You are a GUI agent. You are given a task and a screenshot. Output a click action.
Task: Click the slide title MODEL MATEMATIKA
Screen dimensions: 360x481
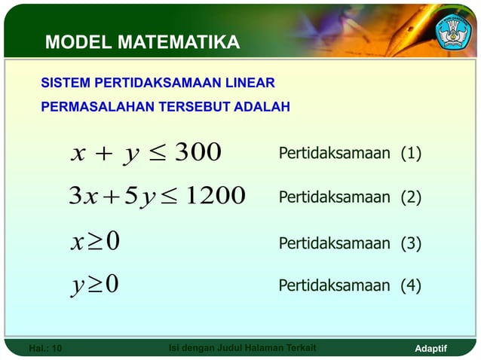(142, 42)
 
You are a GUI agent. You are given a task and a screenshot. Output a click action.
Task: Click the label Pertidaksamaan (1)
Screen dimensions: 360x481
(350, 154)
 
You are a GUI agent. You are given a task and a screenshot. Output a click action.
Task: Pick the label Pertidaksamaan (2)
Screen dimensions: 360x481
(350, 198)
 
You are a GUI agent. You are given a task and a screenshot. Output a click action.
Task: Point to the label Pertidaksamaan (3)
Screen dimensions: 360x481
(350, 243)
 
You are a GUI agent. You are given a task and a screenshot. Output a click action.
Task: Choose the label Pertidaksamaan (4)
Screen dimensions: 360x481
(350, 285)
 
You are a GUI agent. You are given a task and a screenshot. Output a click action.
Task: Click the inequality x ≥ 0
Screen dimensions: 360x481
(95, 243)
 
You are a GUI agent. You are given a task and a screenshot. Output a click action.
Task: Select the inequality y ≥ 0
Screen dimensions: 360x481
(95, 285)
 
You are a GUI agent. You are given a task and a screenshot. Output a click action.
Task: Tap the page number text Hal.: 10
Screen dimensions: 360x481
(45, 348)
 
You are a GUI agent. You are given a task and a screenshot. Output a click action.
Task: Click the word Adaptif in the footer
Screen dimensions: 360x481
(431, 348)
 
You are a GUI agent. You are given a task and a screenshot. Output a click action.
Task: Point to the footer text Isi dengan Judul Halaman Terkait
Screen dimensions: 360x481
(240, 347)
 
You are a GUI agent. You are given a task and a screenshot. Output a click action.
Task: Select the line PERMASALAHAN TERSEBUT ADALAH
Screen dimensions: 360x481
(165, 107)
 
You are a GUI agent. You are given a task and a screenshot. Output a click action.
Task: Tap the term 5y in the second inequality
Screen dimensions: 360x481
(136, 197)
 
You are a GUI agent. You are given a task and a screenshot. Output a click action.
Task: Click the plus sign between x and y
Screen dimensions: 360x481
(103, 154)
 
